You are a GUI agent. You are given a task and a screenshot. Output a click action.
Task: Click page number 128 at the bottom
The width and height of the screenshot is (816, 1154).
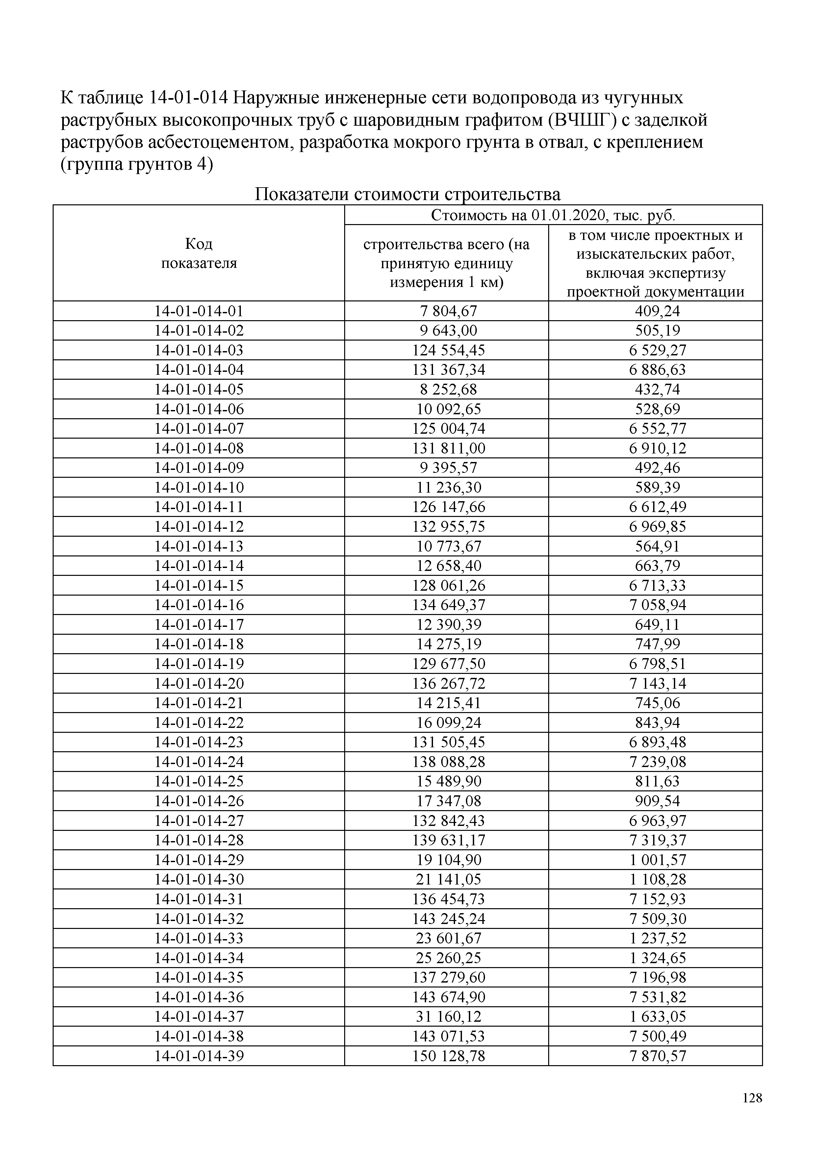click(x=752, y=1112)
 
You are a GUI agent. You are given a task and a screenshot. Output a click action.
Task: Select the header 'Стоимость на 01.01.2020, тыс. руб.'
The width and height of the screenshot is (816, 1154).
click(x=553, y=215)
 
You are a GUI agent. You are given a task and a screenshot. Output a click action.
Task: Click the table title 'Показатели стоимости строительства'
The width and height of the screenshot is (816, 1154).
click(x=407, y=194)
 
